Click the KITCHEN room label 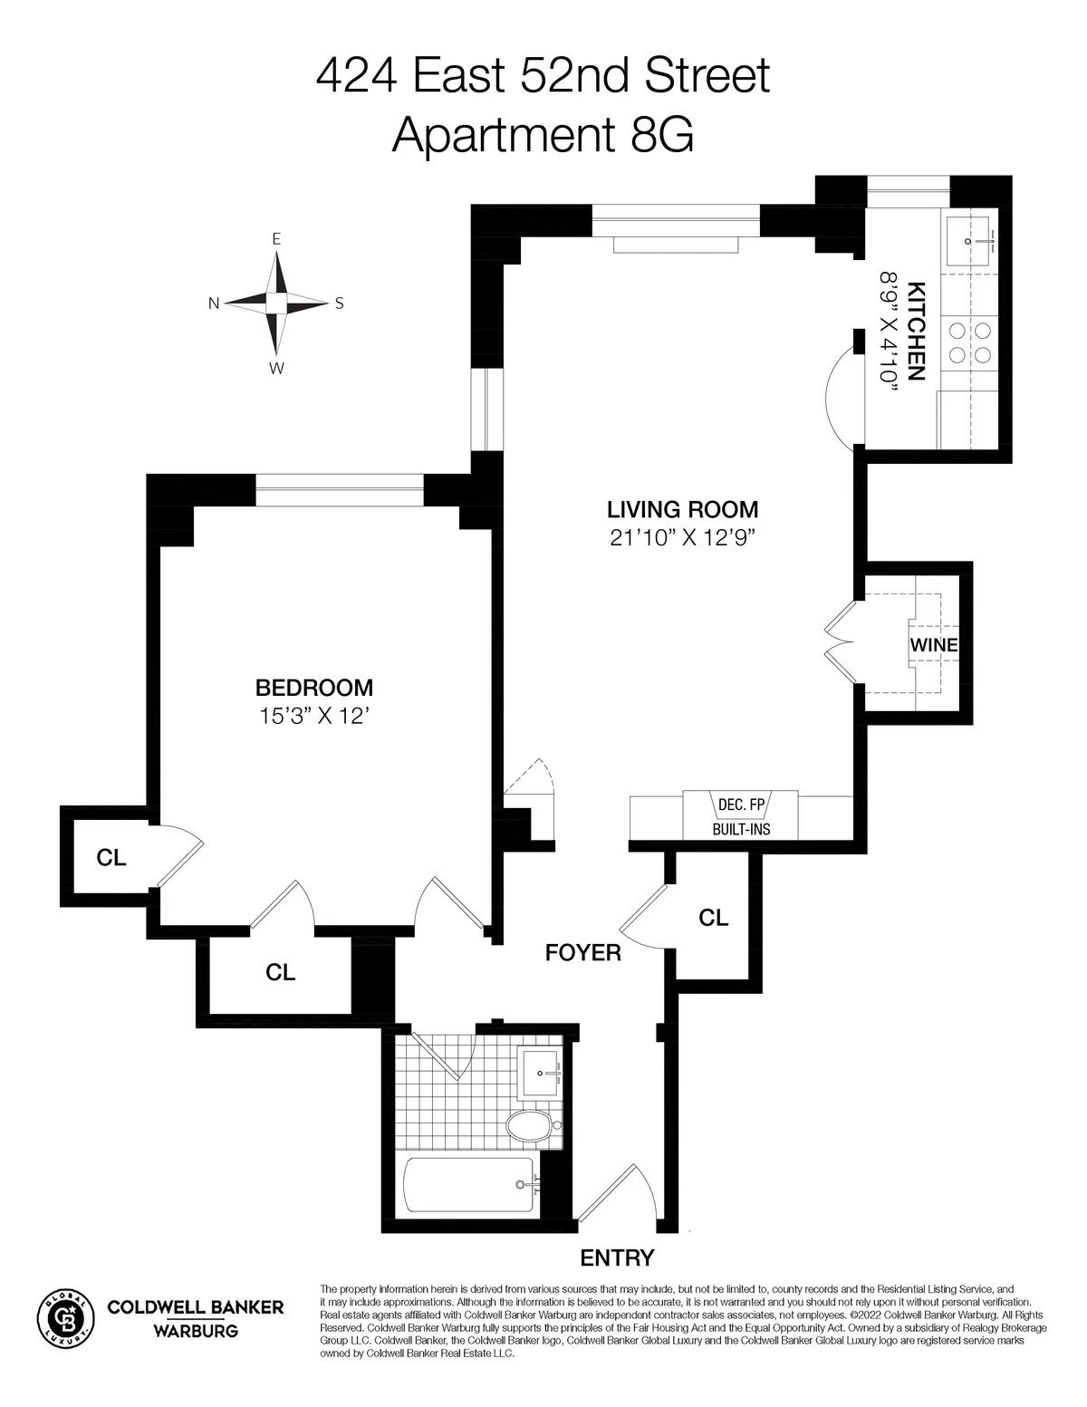point(916,331)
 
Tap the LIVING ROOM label point(682,509)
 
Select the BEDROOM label point(314,688)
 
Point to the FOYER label point(582,952)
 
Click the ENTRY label point(617,1258)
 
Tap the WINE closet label point(933,646)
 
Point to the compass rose point(277,303)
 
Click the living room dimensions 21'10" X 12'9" point(682,538)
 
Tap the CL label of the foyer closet point(713,918)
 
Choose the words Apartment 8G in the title point(543,136)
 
